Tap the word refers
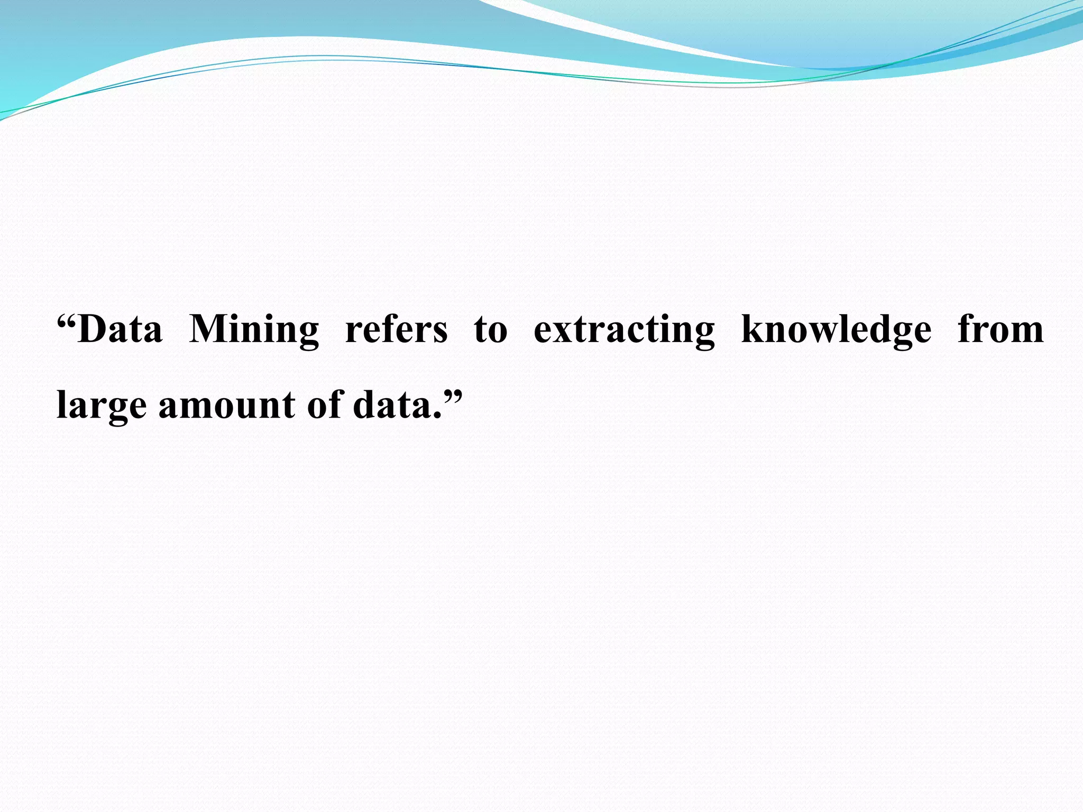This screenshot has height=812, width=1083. click(x=396, y=329)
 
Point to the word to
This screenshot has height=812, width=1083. click(x=490, y=329)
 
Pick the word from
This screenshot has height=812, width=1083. click(x=1001, y=329)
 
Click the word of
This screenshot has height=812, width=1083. click(x=324, y=405)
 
